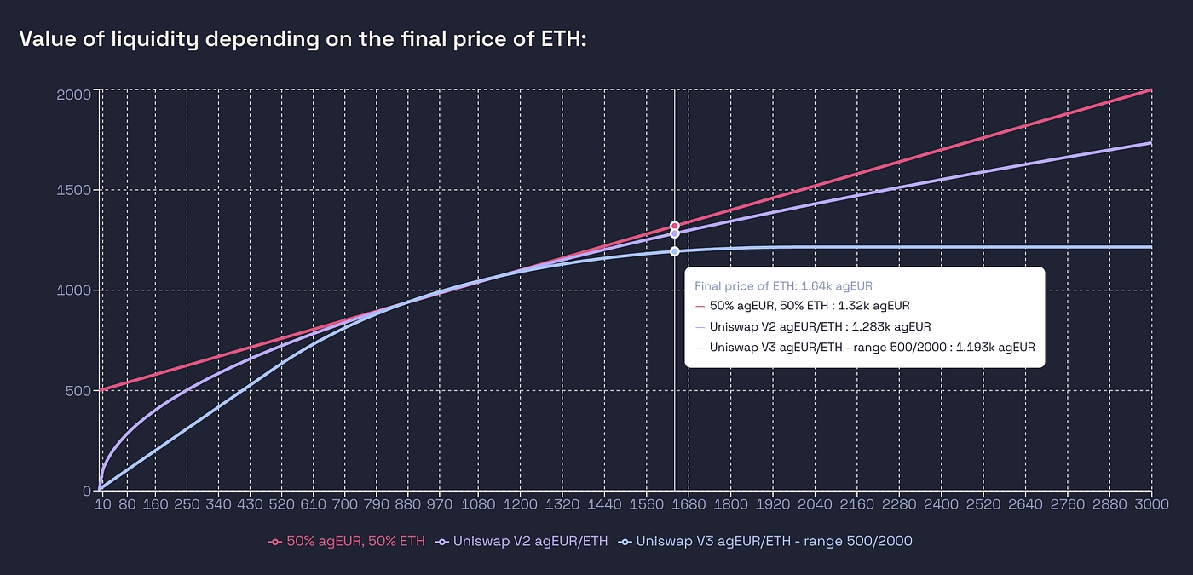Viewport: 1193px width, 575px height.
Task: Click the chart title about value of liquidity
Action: click(303, 39)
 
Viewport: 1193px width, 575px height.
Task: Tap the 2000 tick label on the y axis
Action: click(73, 93)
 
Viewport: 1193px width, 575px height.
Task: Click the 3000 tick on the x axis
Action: click(1151, 505)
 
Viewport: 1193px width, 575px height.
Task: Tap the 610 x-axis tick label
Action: click(314, 505)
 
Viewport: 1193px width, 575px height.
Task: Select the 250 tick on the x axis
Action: click(187, 505)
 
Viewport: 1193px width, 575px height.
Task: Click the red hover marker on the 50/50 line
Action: click(674, 226)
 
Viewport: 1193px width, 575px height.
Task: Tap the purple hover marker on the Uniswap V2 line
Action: click(674, 233)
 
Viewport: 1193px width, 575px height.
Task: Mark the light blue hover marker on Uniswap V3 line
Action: click(674, 251)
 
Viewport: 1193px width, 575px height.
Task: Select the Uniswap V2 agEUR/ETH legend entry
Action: click(522, 541)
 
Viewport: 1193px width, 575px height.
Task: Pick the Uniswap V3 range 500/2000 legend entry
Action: click(767, 541)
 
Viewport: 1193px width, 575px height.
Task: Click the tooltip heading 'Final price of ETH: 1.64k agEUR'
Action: click(782, 286)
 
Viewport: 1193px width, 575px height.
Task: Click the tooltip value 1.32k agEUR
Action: click(865, 306)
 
